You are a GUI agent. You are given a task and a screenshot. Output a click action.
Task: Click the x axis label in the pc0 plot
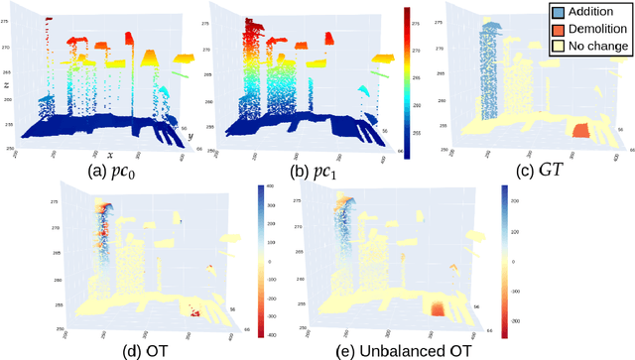110,156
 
